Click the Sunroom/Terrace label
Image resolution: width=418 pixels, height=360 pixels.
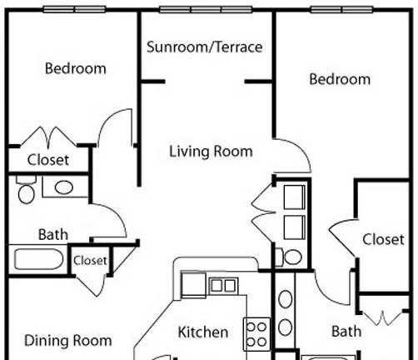[205, 47]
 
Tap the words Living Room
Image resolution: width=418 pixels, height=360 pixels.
[211, 152]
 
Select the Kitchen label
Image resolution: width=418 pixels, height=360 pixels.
[203, 332]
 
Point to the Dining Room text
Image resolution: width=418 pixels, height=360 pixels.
[68, 341]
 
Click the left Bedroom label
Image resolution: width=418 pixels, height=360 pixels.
[76, 68]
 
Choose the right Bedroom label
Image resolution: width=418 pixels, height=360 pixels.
[340, 79]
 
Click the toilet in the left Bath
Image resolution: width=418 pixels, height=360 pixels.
[26, 190]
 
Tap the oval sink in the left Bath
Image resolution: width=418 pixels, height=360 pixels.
[64, 187]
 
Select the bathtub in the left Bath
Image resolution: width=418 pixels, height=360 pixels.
[38, 259]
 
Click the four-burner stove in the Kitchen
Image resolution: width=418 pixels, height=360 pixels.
[256, 334]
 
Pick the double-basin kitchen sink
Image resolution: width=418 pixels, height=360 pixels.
[223, 286]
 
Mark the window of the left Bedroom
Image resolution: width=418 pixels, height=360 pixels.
[74, 9]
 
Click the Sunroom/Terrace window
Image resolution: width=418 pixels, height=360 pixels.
[206, 9]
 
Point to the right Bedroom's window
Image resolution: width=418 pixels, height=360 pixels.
[341, 9]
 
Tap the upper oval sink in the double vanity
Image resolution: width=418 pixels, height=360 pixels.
[285, 299]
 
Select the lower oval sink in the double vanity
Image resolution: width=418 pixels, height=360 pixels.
[285, 327]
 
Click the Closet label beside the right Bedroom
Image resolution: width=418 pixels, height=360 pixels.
[383, 239]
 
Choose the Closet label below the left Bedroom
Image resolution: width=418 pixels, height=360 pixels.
[48, 160]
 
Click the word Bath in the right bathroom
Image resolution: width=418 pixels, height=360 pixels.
[346, 332]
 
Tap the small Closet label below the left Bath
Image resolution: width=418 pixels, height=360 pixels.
[90, 261]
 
